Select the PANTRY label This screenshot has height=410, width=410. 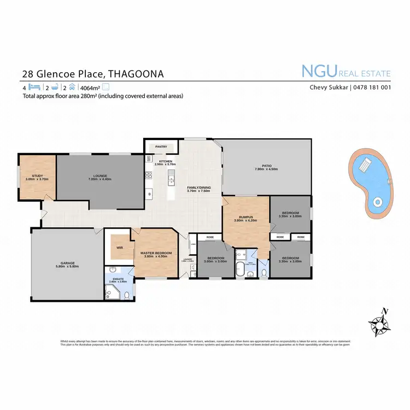pos(161,147)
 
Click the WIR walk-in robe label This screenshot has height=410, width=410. pos(119,247)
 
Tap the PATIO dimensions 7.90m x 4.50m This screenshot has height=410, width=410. pos(266,169)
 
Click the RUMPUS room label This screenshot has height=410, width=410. pos(245,217)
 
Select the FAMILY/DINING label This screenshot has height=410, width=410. pos(198,188)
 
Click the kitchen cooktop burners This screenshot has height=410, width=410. pos(148,175)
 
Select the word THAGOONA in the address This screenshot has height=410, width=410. pos(135,73)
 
